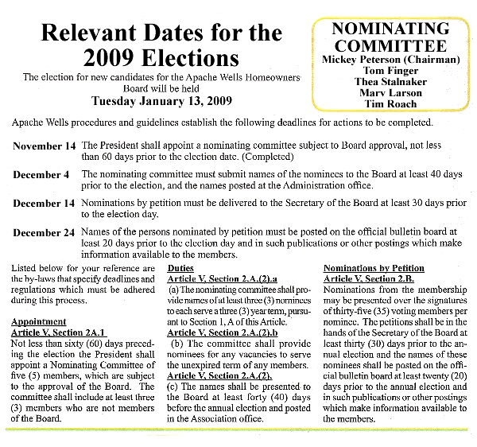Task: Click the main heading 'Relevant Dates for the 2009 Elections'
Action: (161, 45)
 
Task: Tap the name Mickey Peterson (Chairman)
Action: (390, 60)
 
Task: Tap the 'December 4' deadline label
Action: (42, 174)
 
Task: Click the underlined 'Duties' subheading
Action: (181, 269)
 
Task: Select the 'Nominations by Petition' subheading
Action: (374, 269)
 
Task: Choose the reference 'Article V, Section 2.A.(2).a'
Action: (222, 279)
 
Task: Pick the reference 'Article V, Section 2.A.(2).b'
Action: (222, 332)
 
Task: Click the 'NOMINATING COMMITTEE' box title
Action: (390, 37)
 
